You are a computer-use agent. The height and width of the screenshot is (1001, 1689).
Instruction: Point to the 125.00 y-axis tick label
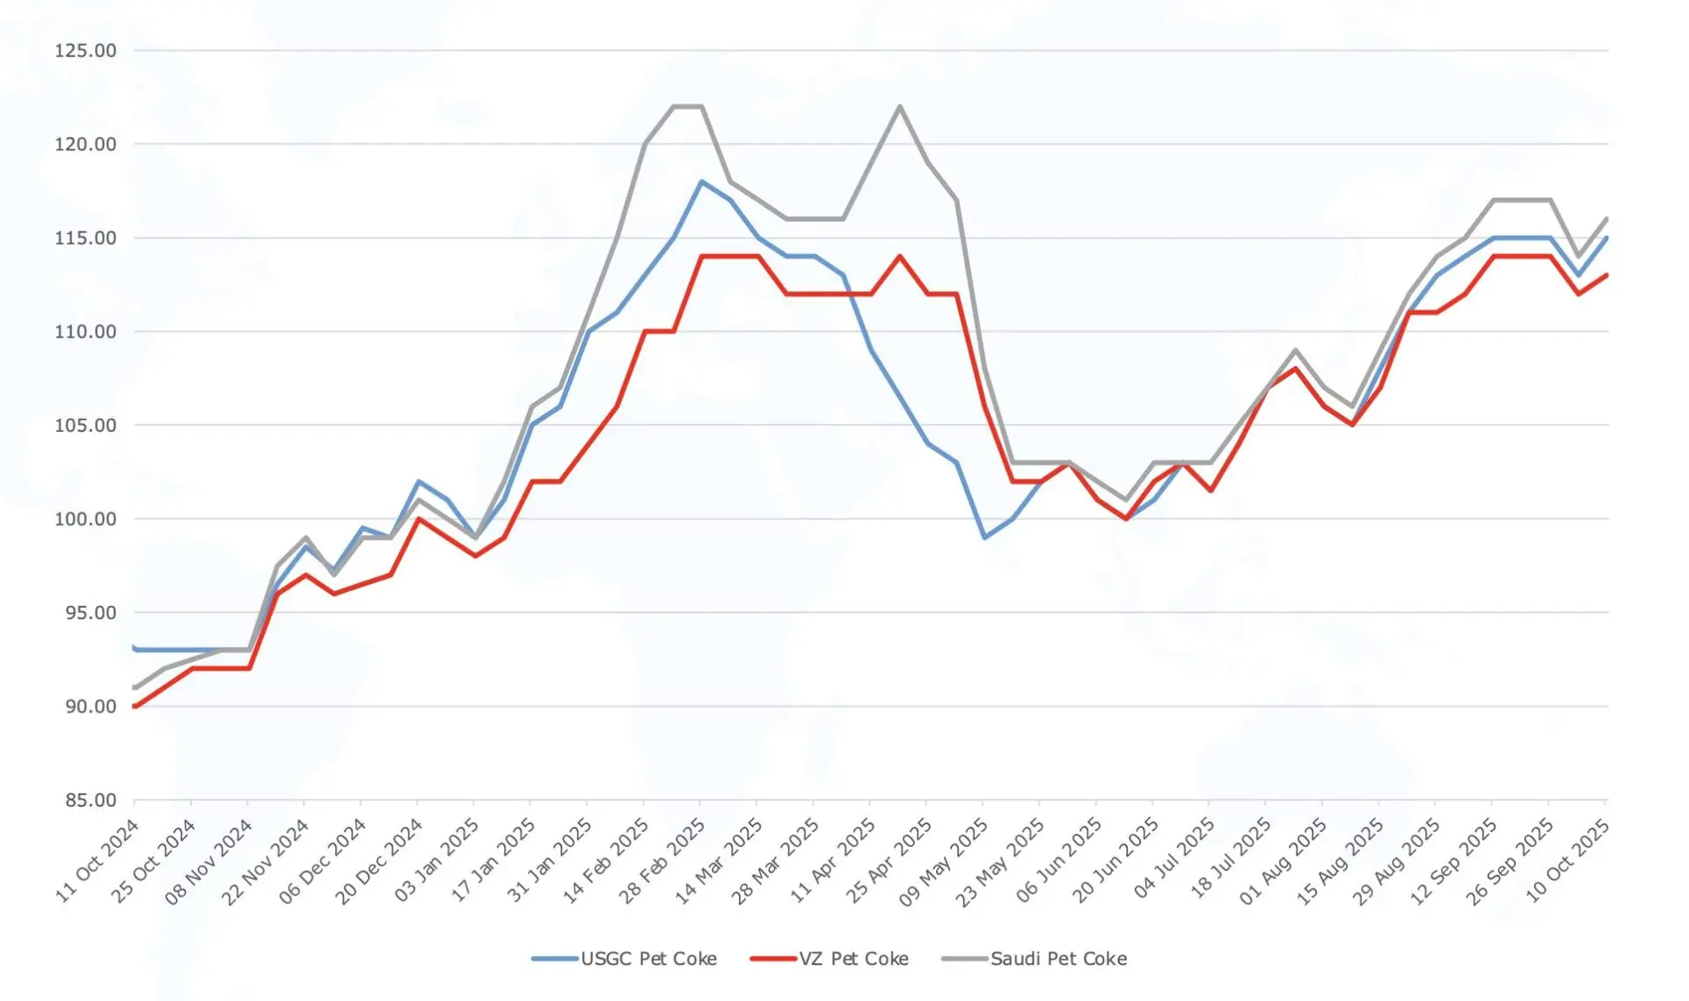(x=85, y=51)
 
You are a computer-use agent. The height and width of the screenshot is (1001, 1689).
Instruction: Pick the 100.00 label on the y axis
(x=85, y=519)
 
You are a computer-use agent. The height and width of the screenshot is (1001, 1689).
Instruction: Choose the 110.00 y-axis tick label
(x=85, y=332)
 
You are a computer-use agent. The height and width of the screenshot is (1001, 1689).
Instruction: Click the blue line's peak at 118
(x=701, y=181)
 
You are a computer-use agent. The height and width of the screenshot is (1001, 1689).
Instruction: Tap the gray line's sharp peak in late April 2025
(x=899, y=106)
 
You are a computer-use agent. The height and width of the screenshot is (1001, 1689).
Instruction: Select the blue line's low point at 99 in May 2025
(x=984, y=537)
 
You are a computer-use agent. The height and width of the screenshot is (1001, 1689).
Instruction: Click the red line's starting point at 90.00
(x=135, y=706)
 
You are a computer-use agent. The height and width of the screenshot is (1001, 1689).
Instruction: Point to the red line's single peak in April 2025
(x=899, y=256)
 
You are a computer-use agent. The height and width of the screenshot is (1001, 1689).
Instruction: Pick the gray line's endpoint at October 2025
(x=1607, y=219)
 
